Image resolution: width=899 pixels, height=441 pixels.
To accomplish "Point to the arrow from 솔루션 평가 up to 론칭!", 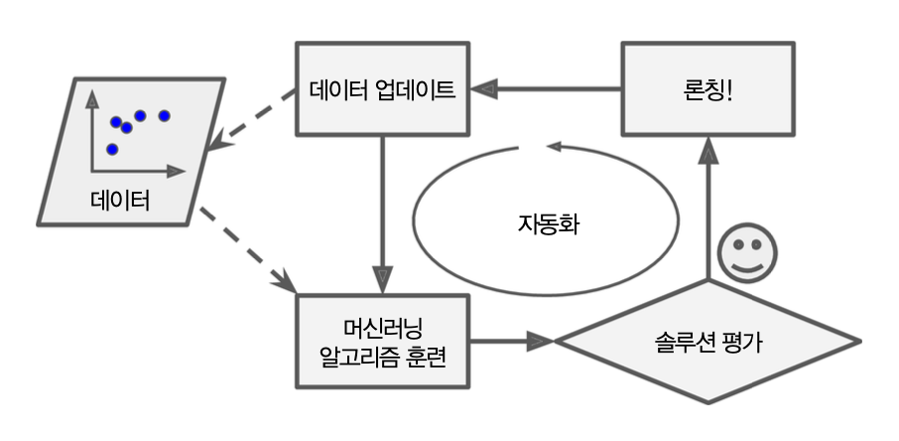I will click(707, 209).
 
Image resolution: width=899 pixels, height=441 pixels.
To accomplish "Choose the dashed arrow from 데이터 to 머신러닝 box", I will click(248, 248).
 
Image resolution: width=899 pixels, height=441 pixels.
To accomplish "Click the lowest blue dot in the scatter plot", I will click(112, 149).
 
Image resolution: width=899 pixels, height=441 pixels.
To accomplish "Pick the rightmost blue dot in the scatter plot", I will click(165, 115).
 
